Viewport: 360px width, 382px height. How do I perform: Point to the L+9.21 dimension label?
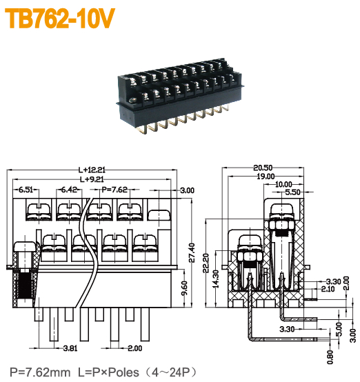(91, 179)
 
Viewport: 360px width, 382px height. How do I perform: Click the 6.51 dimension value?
(26, 190)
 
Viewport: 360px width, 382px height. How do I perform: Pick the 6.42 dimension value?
(68, 190)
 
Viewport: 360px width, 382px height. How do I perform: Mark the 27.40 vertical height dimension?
(192, 252)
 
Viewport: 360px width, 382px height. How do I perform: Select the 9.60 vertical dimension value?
(183, 288)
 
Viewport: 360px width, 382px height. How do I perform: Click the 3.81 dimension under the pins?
(70, 349)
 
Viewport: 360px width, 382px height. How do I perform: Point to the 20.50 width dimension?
(263, 168)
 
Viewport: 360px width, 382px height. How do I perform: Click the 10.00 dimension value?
(283, 184)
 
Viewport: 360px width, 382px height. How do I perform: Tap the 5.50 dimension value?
(292, 192)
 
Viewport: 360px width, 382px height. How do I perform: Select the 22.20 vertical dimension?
(207, 262)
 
